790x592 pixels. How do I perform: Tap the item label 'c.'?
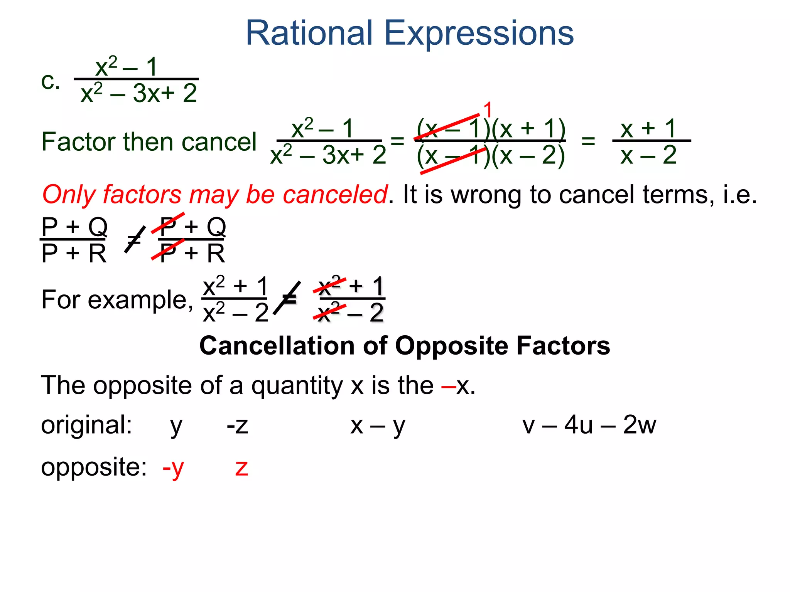click(51, 81)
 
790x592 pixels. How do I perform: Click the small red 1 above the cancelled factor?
click(488, 110)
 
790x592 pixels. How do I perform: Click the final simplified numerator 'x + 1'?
click(648, 128)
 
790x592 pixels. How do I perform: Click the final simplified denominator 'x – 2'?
click(648, 155)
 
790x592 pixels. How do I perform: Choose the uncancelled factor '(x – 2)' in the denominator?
click(528, 156)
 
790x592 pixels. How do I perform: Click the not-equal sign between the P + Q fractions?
click(134, 240)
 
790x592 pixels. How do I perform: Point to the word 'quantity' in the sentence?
click(297, 385)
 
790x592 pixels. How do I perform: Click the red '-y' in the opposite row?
click(173, 468)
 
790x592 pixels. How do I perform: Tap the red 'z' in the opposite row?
click(241, 468)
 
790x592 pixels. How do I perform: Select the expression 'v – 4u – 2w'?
click(589, 425)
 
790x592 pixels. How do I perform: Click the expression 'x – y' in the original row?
click(378, 426)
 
